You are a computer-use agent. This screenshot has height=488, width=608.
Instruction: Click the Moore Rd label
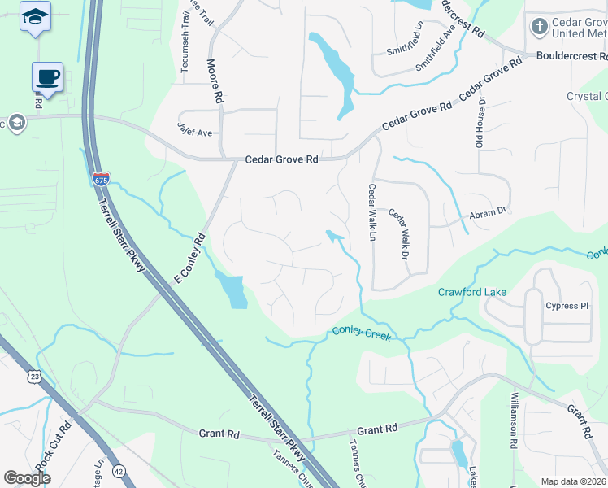[x=215, y=82]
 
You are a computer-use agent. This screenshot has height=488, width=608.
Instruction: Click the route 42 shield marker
[x=119, y=470]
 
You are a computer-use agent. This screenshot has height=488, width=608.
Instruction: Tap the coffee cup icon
[x=48, y=77]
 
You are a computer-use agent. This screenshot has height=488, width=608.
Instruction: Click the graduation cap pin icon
[x=35, y=17]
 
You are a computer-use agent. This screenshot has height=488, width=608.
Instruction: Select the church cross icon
[x=537, y=27]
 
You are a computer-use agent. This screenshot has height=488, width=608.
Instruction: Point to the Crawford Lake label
[x=472, y=292]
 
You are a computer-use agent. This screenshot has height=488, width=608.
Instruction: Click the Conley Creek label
[x=362, y=333]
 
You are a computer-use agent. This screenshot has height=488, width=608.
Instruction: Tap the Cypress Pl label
[x=567, y=307]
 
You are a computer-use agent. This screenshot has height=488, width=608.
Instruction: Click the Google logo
[x=28, y=478]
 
